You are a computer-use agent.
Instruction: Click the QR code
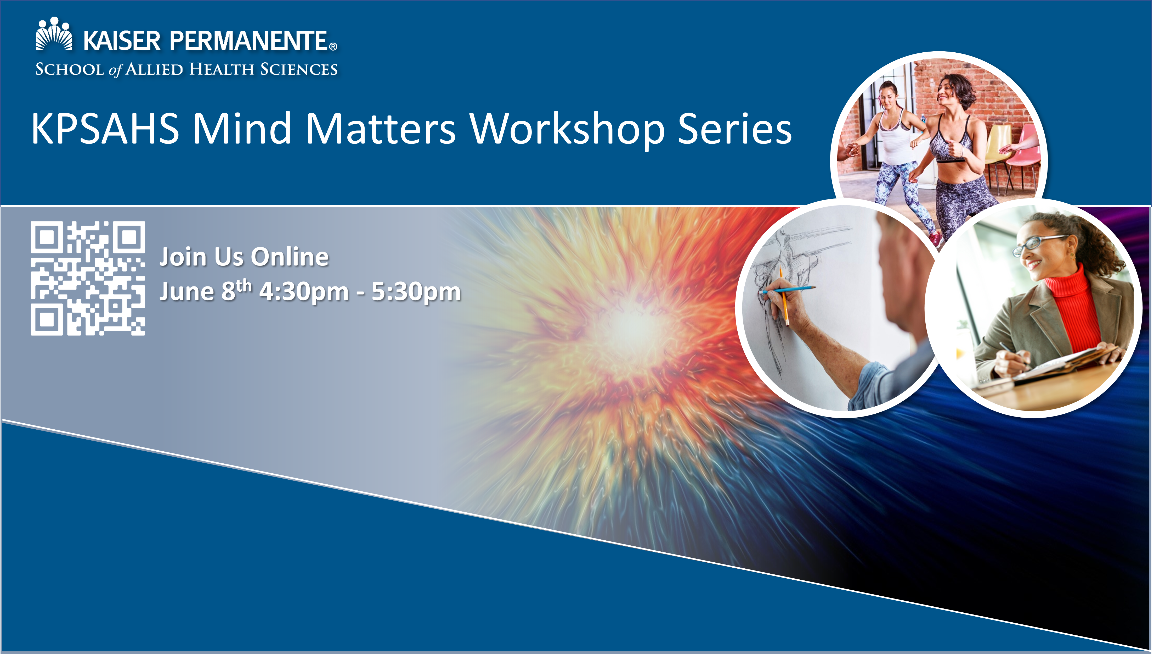point(88,278)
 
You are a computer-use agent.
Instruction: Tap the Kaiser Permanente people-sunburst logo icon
point(54,34)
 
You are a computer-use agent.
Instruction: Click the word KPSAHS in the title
point(105,129)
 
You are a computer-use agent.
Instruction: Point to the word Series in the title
point(735,129)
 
